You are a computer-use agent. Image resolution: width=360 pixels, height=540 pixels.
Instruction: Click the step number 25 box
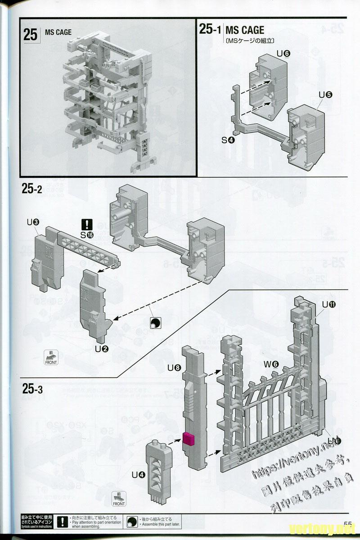point(31,35)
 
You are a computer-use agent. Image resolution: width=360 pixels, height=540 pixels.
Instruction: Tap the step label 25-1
point(210,30)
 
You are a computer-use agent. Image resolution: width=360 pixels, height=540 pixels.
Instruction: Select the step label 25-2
point(31,189)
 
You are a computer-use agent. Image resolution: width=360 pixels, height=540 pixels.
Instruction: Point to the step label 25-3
point(32,388)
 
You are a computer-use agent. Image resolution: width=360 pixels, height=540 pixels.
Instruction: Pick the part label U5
point(325,95)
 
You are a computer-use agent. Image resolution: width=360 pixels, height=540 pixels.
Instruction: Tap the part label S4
point(228,140)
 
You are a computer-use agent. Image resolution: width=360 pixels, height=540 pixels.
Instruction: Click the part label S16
point(86,234)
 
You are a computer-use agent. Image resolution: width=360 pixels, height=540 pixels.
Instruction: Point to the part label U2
point(101,348)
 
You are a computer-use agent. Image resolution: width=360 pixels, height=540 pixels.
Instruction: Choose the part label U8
point(174,368)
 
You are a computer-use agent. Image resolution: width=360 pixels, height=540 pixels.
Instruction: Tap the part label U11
point(329,305)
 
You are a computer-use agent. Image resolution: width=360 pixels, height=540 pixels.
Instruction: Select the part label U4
point(138,474)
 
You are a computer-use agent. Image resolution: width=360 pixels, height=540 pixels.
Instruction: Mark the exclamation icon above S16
point(87,224)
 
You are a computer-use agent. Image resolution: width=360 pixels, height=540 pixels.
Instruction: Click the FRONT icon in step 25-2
point(51,357)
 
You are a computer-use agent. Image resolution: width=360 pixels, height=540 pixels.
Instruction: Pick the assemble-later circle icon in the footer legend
point(132,522)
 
